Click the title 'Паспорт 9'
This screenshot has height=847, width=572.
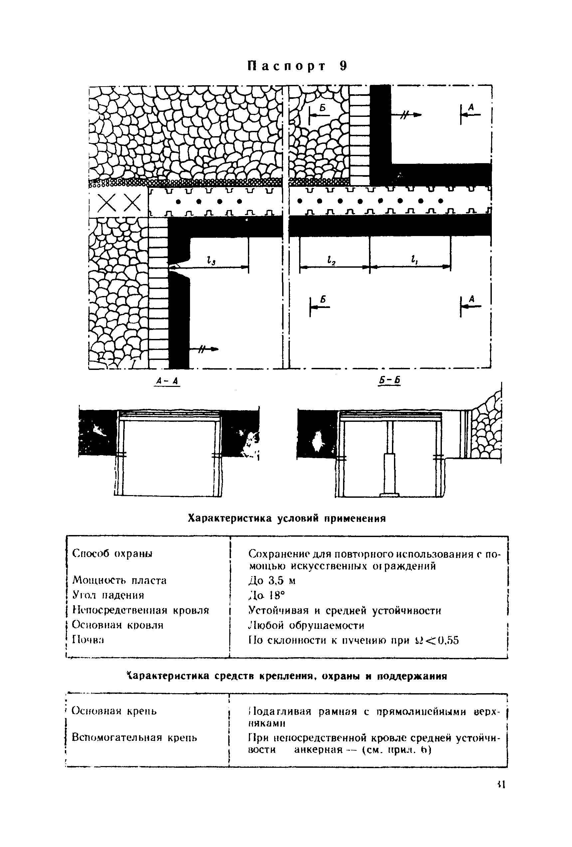tap(297, 66)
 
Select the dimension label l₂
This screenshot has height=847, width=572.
tap(331, 260)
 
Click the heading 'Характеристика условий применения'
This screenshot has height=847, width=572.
tap(287, 518)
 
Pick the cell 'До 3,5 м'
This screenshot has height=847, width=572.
tap(272, 581)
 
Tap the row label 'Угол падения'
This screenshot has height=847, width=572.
tap(108, 595)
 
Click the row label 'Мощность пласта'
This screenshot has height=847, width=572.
tap(119, 580)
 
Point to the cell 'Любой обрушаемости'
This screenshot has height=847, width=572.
tap(306, 625)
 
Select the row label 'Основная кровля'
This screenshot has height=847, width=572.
tap(118, 625)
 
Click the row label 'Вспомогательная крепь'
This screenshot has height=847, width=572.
tap(134, 738)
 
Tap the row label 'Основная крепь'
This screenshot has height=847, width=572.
tap(114, 711)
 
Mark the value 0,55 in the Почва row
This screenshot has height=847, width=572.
tap(447, 641)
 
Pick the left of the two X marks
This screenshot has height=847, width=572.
tap(106, 203)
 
